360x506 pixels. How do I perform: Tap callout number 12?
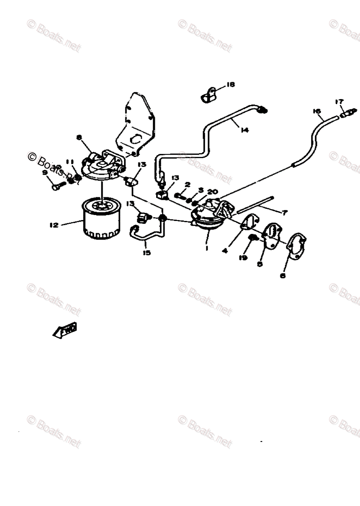click(54, 225)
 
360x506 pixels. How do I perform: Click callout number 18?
click(230, 84)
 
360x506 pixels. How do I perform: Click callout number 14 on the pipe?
click(244, 130)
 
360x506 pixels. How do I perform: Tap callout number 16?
click(317, 111)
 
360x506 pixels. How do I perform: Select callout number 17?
click(339, 101)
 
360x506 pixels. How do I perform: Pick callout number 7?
click(285, 213)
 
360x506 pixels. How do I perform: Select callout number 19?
click(243, 258)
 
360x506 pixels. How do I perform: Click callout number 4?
click(225, 250)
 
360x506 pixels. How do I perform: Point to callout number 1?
click(207, 248)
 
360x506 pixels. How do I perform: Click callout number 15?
click(146, 253)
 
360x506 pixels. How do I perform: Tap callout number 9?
click(45, 172)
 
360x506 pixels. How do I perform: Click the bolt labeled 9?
click(57, 186)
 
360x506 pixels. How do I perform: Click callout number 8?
click(79, 137)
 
